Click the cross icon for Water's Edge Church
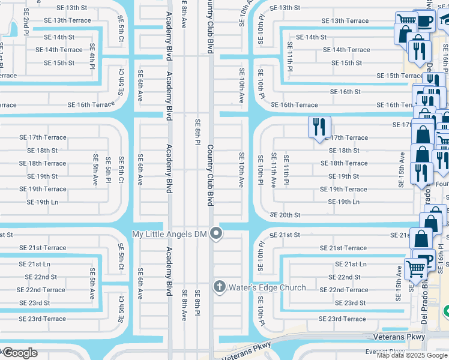(219, 287)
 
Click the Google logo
(20, 353)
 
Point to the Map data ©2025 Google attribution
(412, 355)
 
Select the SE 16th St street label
(345, 92)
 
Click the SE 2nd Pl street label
(26, 25)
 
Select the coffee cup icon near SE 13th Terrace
(425, 21)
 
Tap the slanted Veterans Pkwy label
(247, 352)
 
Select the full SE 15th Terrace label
(399, 76)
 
